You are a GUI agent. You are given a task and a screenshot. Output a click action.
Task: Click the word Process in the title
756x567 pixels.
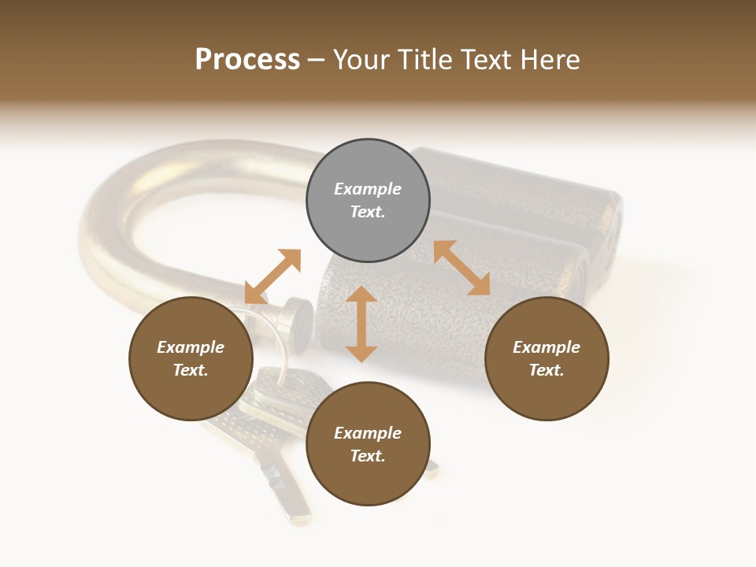click(247, 60)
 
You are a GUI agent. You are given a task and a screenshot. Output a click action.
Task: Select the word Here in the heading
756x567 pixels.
click(550, 60)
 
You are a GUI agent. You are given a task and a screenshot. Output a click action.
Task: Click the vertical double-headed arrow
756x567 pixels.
click(361, 324)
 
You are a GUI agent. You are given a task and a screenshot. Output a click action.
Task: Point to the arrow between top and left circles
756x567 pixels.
click(272, 276)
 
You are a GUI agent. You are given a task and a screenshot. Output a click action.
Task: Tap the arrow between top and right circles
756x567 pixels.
click(462, 268)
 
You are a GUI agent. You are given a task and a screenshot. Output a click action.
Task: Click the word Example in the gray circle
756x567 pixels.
click(368, 189)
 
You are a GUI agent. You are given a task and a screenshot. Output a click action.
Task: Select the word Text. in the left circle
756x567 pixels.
click(191, 370)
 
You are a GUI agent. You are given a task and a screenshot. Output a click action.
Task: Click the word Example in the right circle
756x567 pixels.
click(547, 347)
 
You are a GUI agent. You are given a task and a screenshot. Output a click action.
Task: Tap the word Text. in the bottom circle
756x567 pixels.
click(368, 456)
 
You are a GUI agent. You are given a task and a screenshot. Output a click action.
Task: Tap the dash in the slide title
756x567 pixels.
click(317, 60)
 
